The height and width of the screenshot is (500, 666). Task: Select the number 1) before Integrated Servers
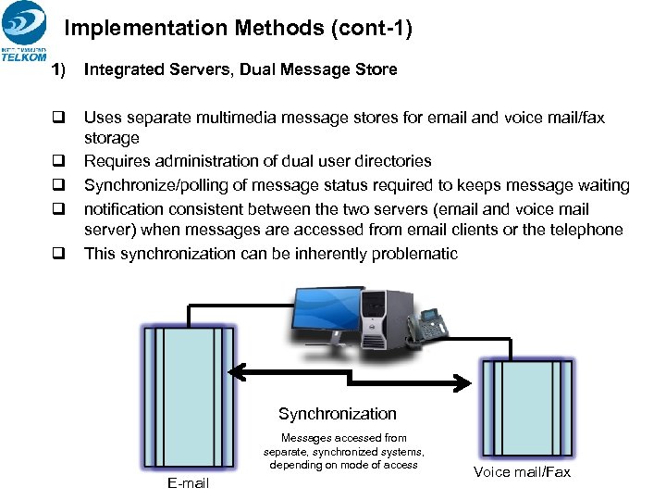(x=60, y=69)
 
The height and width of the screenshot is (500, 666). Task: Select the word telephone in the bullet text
(x=589, y=230)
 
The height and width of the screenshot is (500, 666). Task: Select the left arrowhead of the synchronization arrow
(x=237, y=372)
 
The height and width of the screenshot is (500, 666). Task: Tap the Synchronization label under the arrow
(x=337, y=414)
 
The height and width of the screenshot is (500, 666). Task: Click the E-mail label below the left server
(x=188, y=483)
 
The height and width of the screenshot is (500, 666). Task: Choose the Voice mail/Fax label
(x=522, y=472)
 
